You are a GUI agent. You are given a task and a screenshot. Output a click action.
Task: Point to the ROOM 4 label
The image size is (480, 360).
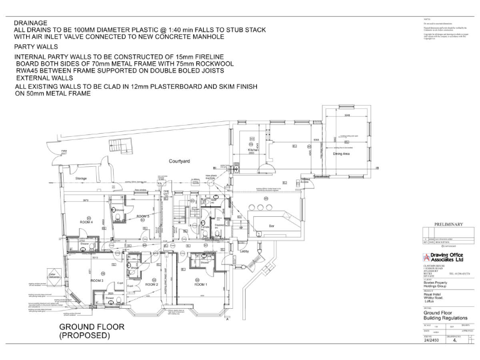(86, 222)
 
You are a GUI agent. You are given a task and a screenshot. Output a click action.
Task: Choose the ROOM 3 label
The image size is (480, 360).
(96, 281)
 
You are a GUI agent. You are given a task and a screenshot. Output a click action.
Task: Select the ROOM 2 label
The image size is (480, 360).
(151, 284)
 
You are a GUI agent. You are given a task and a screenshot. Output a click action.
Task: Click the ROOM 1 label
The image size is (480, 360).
(200, 284)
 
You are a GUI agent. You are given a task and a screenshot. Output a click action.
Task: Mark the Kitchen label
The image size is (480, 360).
(252, 151)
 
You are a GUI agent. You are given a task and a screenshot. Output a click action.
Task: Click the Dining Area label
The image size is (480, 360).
(341, 153)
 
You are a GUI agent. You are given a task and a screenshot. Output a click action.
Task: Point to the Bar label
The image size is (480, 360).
(272, 225)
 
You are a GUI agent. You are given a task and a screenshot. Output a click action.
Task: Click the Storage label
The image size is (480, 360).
(81, 179)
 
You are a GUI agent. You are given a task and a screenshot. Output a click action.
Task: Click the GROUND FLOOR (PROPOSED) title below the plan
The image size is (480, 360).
(91, 331)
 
